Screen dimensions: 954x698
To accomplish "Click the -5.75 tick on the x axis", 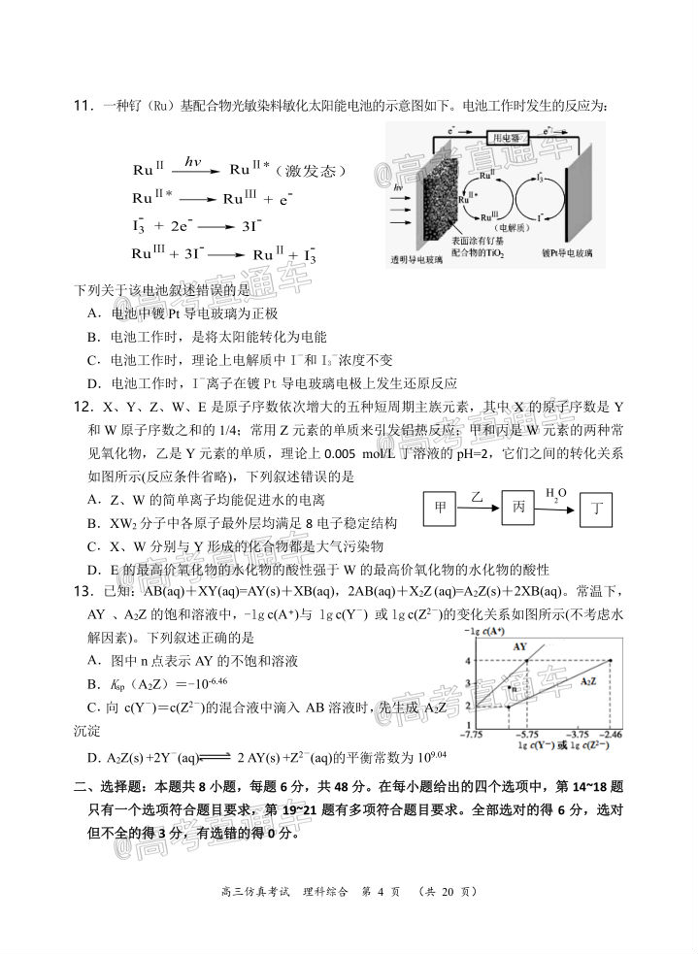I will click(x=527, y=737).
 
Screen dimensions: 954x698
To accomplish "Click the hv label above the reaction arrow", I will click(x=191, y=163).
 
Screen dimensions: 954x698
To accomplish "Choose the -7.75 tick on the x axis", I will click(x=473, y=737).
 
